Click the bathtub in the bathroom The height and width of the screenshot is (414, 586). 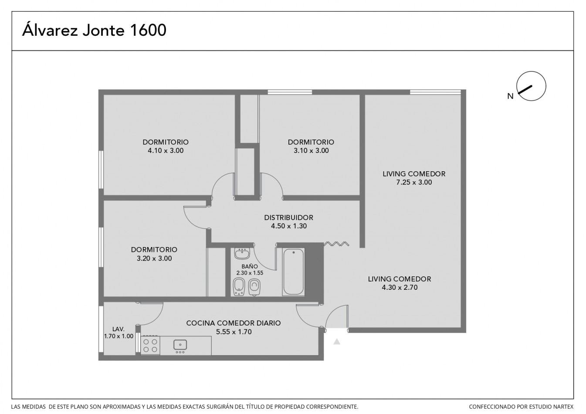click(x=294, y=271)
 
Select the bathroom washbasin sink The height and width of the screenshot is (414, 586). click(x=242, y=253)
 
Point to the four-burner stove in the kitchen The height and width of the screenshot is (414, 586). click(x=150, y=346)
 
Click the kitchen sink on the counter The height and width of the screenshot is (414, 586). click(x=180, y=345)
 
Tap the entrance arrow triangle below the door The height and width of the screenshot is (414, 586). click(x=337, y=342)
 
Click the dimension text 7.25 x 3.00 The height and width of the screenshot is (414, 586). click(x=414, y=183)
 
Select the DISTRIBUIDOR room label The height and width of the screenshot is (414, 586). click(x=288, y=217)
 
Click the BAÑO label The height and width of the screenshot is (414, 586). click(x=250, y=266)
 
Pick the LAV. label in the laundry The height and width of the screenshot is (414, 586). click(x=119, y=329)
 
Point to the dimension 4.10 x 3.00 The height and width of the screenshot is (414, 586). click(x=166, y=151)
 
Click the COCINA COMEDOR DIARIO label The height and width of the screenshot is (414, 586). click(x=234, y=323)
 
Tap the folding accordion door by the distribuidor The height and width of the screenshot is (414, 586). click(x=336, y=244)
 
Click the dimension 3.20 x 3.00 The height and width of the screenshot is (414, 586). click(x=154, y=258)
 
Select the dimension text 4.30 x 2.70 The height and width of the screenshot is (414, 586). click(x=400, y=288)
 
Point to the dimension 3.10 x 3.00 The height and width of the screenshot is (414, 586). click(x=311, y=151)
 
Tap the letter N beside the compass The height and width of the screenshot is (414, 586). click(x=510, y=96)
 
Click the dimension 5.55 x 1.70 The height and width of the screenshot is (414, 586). click(x=234, y=332)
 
